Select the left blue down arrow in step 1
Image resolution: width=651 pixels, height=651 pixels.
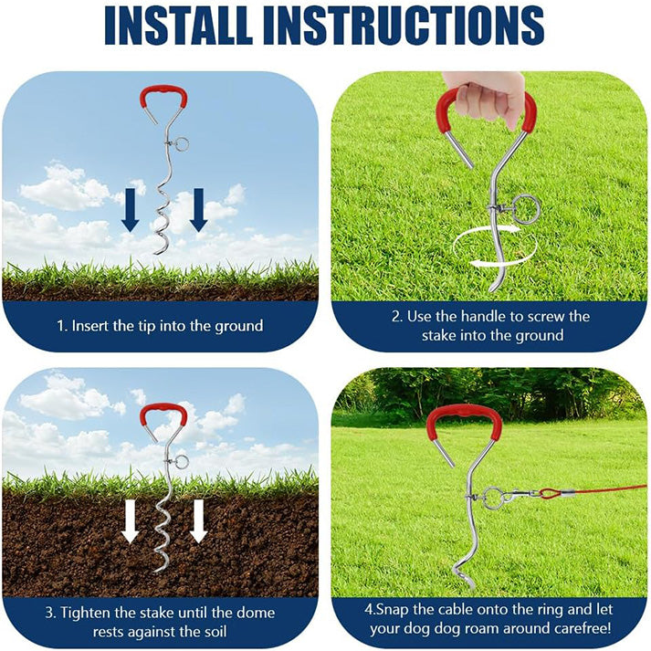pos(130,210)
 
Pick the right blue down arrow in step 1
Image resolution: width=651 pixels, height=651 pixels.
pos(198,210)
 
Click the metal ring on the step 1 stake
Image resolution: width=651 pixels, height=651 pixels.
pos(182,144)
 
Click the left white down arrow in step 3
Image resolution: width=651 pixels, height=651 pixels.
pos(130,521)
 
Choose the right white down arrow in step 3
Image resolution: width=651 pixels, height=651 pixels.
pos(198,521)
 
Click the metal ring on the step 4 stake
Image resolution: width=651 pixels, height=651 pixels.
pos(493,498)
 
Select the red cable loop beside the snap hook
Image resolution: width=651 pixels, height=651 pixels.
pos(549,494)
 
